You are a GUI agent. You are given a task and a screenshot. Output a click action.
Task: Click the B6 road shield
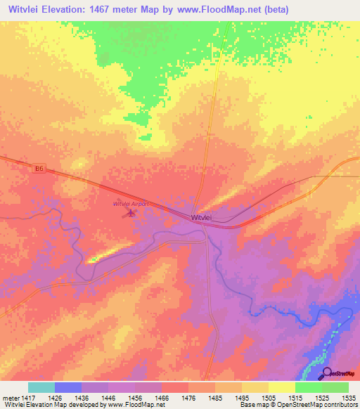(39, 168)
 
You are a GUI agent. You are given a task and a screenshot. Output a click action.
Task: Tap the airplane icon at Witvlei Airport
(130, 212)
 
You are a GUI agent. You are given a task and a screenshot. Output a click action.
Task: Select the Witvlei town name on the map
(200, 219)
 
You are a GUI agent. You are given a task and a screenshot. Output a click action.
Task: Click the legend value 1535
(348, 397)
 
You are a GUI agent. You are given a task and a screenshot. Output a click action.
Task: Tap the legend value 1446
(108, 397)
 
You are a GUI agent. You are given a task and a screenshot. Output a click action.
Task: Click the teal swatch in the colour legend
(41, 387)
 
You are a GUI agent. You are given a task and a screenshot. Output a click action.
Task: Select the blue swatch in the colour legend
(68, 387)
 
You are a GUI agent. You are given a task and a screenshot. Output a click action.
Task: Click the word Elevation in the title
(75, 10)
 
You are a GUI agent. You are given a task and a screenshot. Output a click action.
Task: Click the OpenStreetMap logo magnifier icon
(326, 373)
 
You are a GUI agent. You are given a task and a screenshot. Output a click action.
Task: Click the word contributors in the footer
(339, 405)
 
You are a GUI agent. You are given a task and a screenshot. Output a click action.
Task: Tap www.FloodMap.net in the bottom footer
(131, 405)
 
